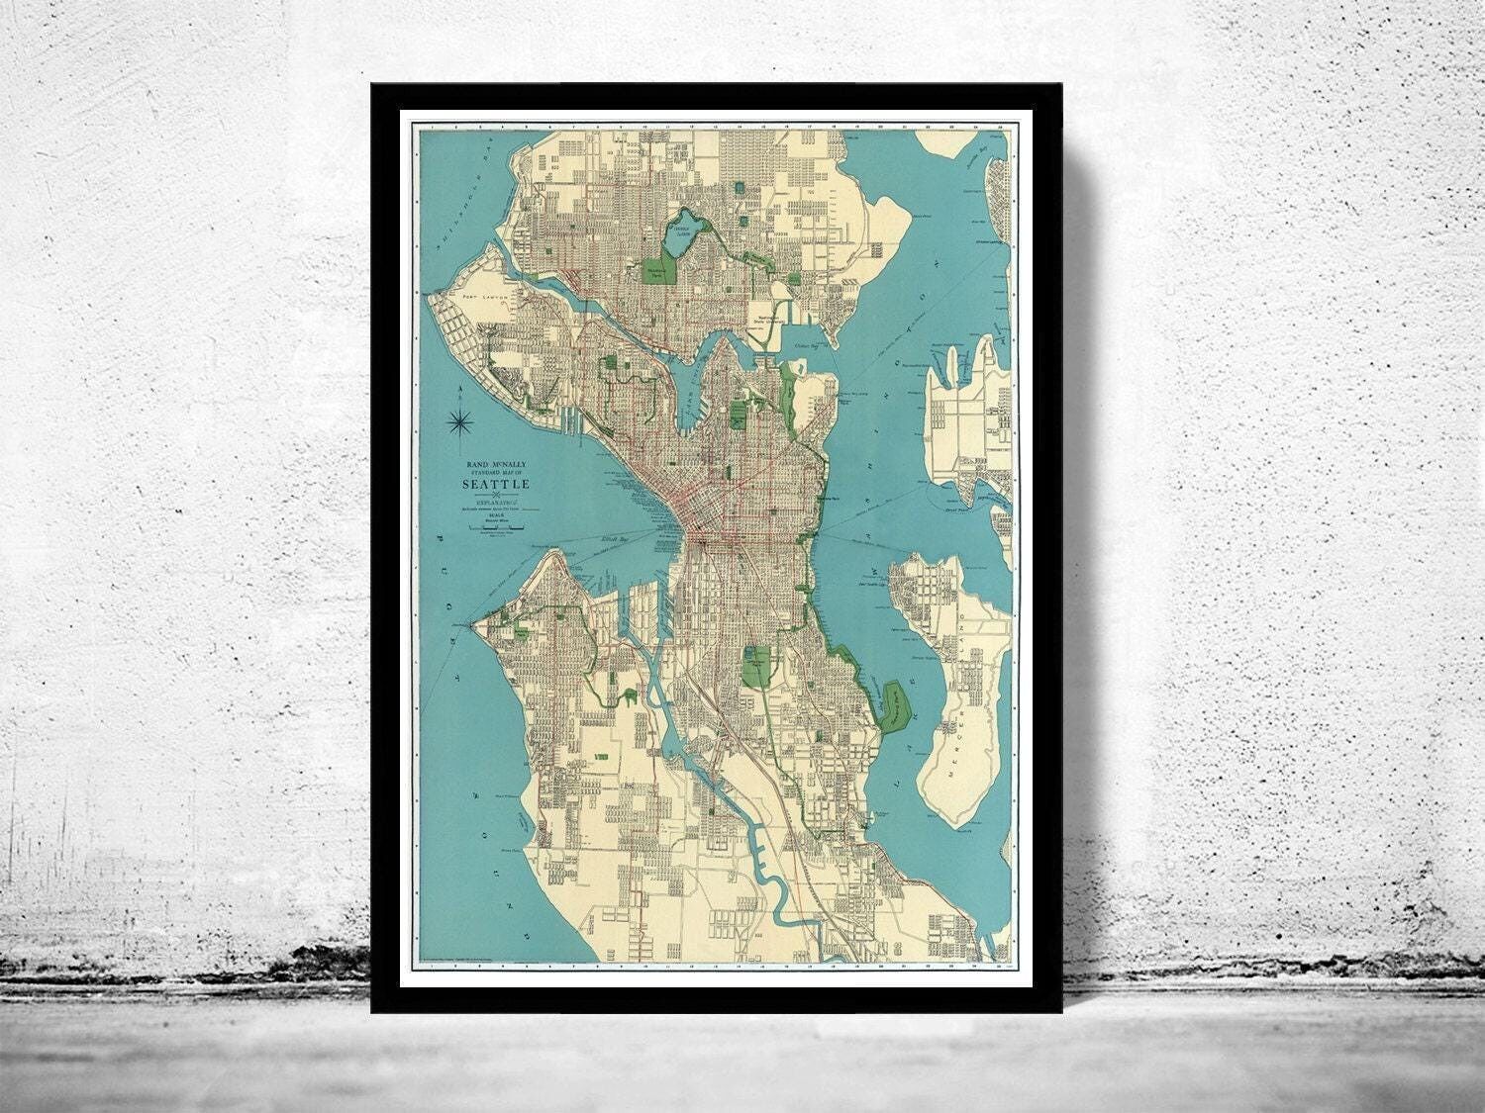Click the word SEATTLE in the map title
(x=496, y=485)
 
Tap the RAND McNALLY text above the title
(x=495, y=462)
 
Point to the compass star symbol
(x=458, y=422)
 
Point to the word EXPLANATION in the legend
(x=494, y=501)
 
